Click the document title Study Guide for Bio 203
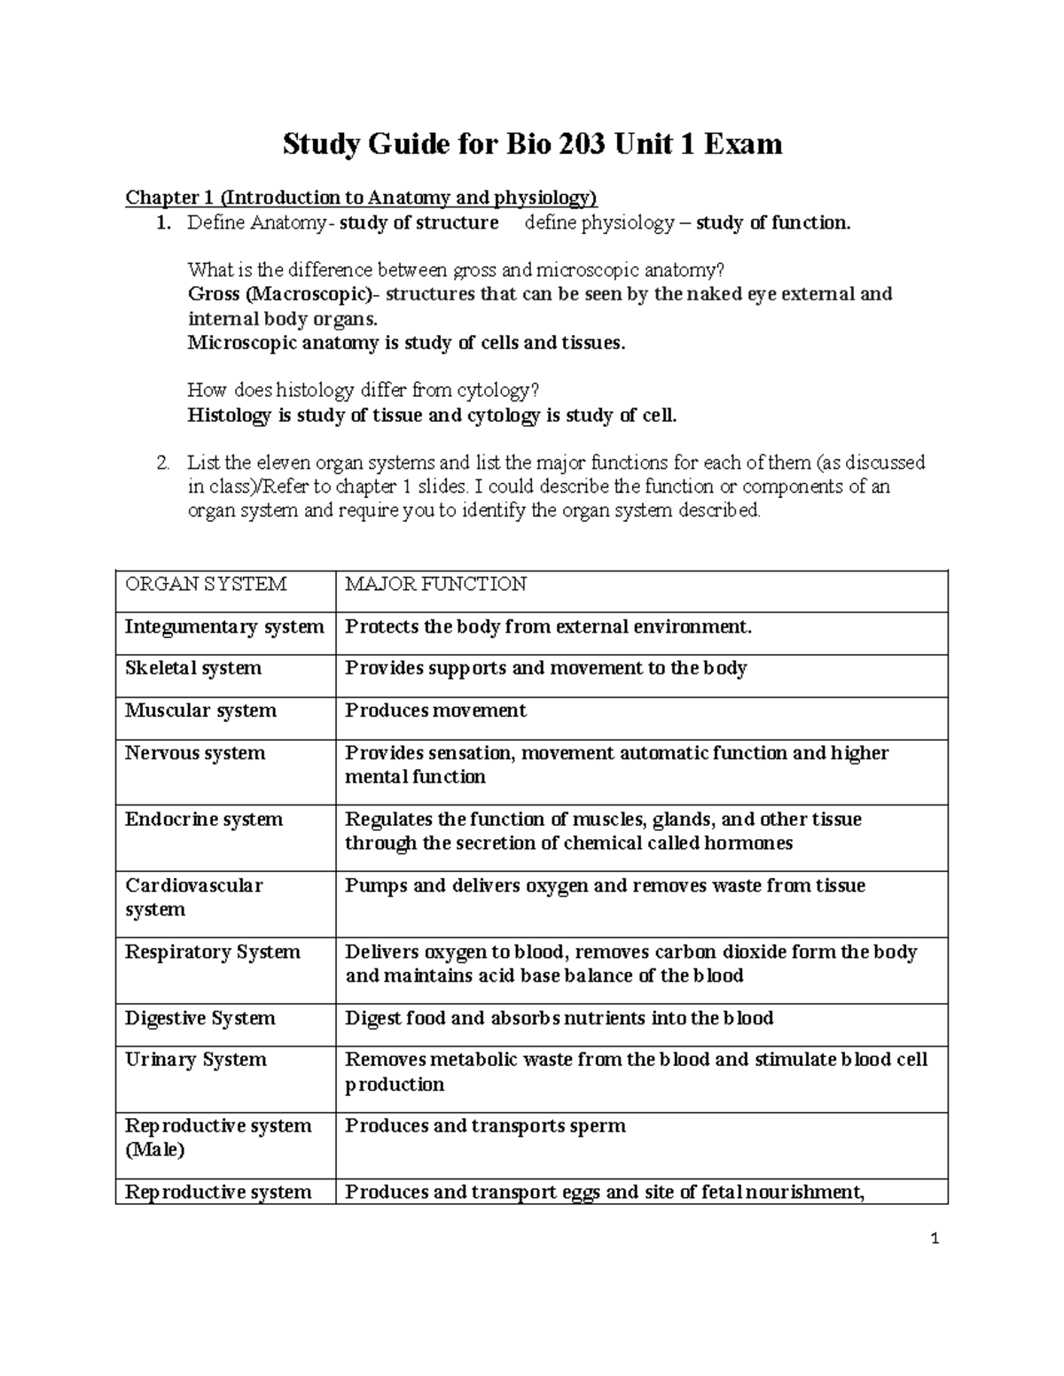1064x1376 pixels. pos(532,144)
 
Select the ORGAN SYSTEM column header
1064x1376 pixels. pos(206,584)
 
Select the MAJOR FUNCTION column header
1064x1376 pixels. pos(435,584)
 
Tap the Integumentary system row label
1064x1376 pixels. pos(224,627)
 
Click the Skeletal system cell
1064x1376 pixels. pos(193,668)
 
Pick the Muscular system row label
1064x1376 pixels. pos(200,711)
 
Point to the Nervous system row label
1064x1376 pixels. pos(195,753)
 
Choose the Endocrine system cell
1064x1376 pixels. pos(204,820)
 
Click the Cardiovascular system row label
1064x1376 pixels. pos(194,897)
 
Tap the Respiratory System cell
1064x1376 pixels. pos(213,952)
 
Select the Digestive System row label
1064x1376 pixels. pos(200,1019)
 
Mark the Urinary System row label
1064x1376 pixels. pos(196,1060)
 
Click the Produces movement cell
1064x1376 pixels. pos(435,711)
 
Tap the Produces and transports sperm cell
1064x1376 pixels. pos(485,1126)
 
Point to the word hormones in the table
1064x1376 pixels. pos(748,843)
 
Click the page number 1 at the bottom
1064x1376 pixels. pos(935,1240)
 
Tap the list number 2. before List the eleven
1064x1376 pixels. pos(162,463)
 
